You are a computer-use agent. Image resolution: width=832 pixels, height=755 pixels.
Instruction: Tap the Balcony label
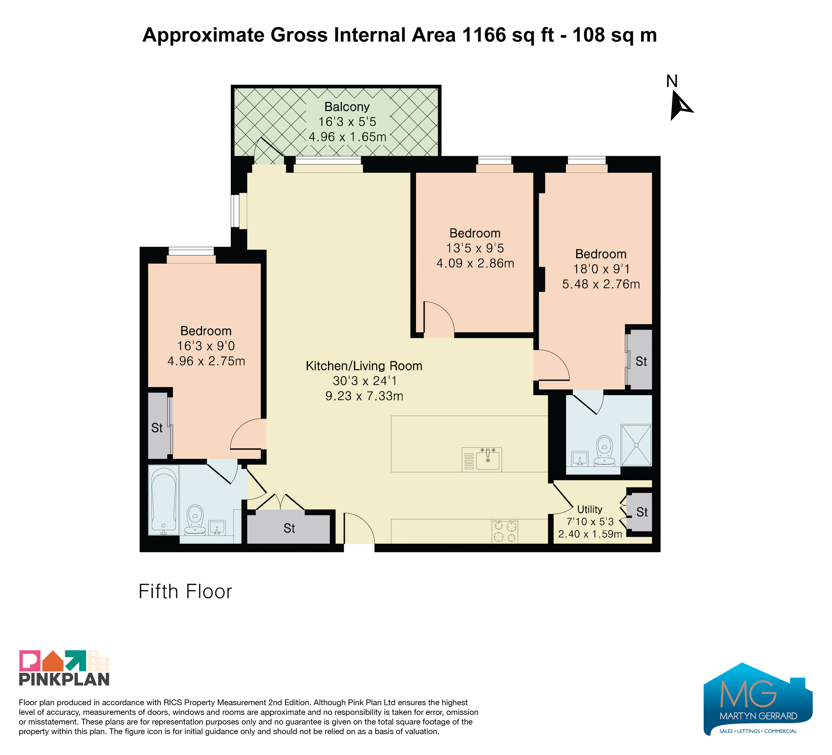347,107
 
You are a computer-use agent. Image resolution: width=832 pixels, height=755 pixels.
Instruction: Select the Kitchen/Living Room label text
364,366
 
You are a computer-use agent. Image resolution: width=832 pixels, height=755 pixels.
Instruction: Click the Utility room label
590,509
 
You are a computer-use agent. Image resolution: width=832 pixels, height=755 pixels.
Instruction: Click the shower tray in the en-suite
636,445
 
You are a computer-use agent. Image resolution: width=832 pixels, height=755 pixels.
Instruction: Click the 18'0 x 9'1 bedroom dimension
601,269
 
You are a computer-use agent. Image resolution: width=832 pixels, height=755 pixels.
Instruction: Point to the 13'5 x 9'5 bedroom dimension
475,248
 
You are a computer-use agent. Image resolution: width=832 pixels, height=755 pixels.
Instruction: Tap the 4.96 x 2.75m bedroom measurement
206,361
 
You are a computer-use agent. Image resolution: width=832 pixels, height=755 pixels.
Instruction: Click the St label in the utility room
642,512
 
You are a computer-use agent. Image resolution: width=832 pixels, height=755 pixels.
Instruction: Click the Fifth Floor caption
185,591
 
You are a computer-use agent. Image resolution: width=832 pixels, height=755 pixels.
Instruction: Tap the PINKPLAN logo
64,668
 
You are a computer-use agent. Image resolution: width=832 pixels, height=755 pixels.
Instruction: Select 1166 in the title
484,35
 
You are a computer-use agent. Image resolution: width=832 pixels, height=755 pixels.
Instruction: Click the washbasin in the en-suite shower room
580,458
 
